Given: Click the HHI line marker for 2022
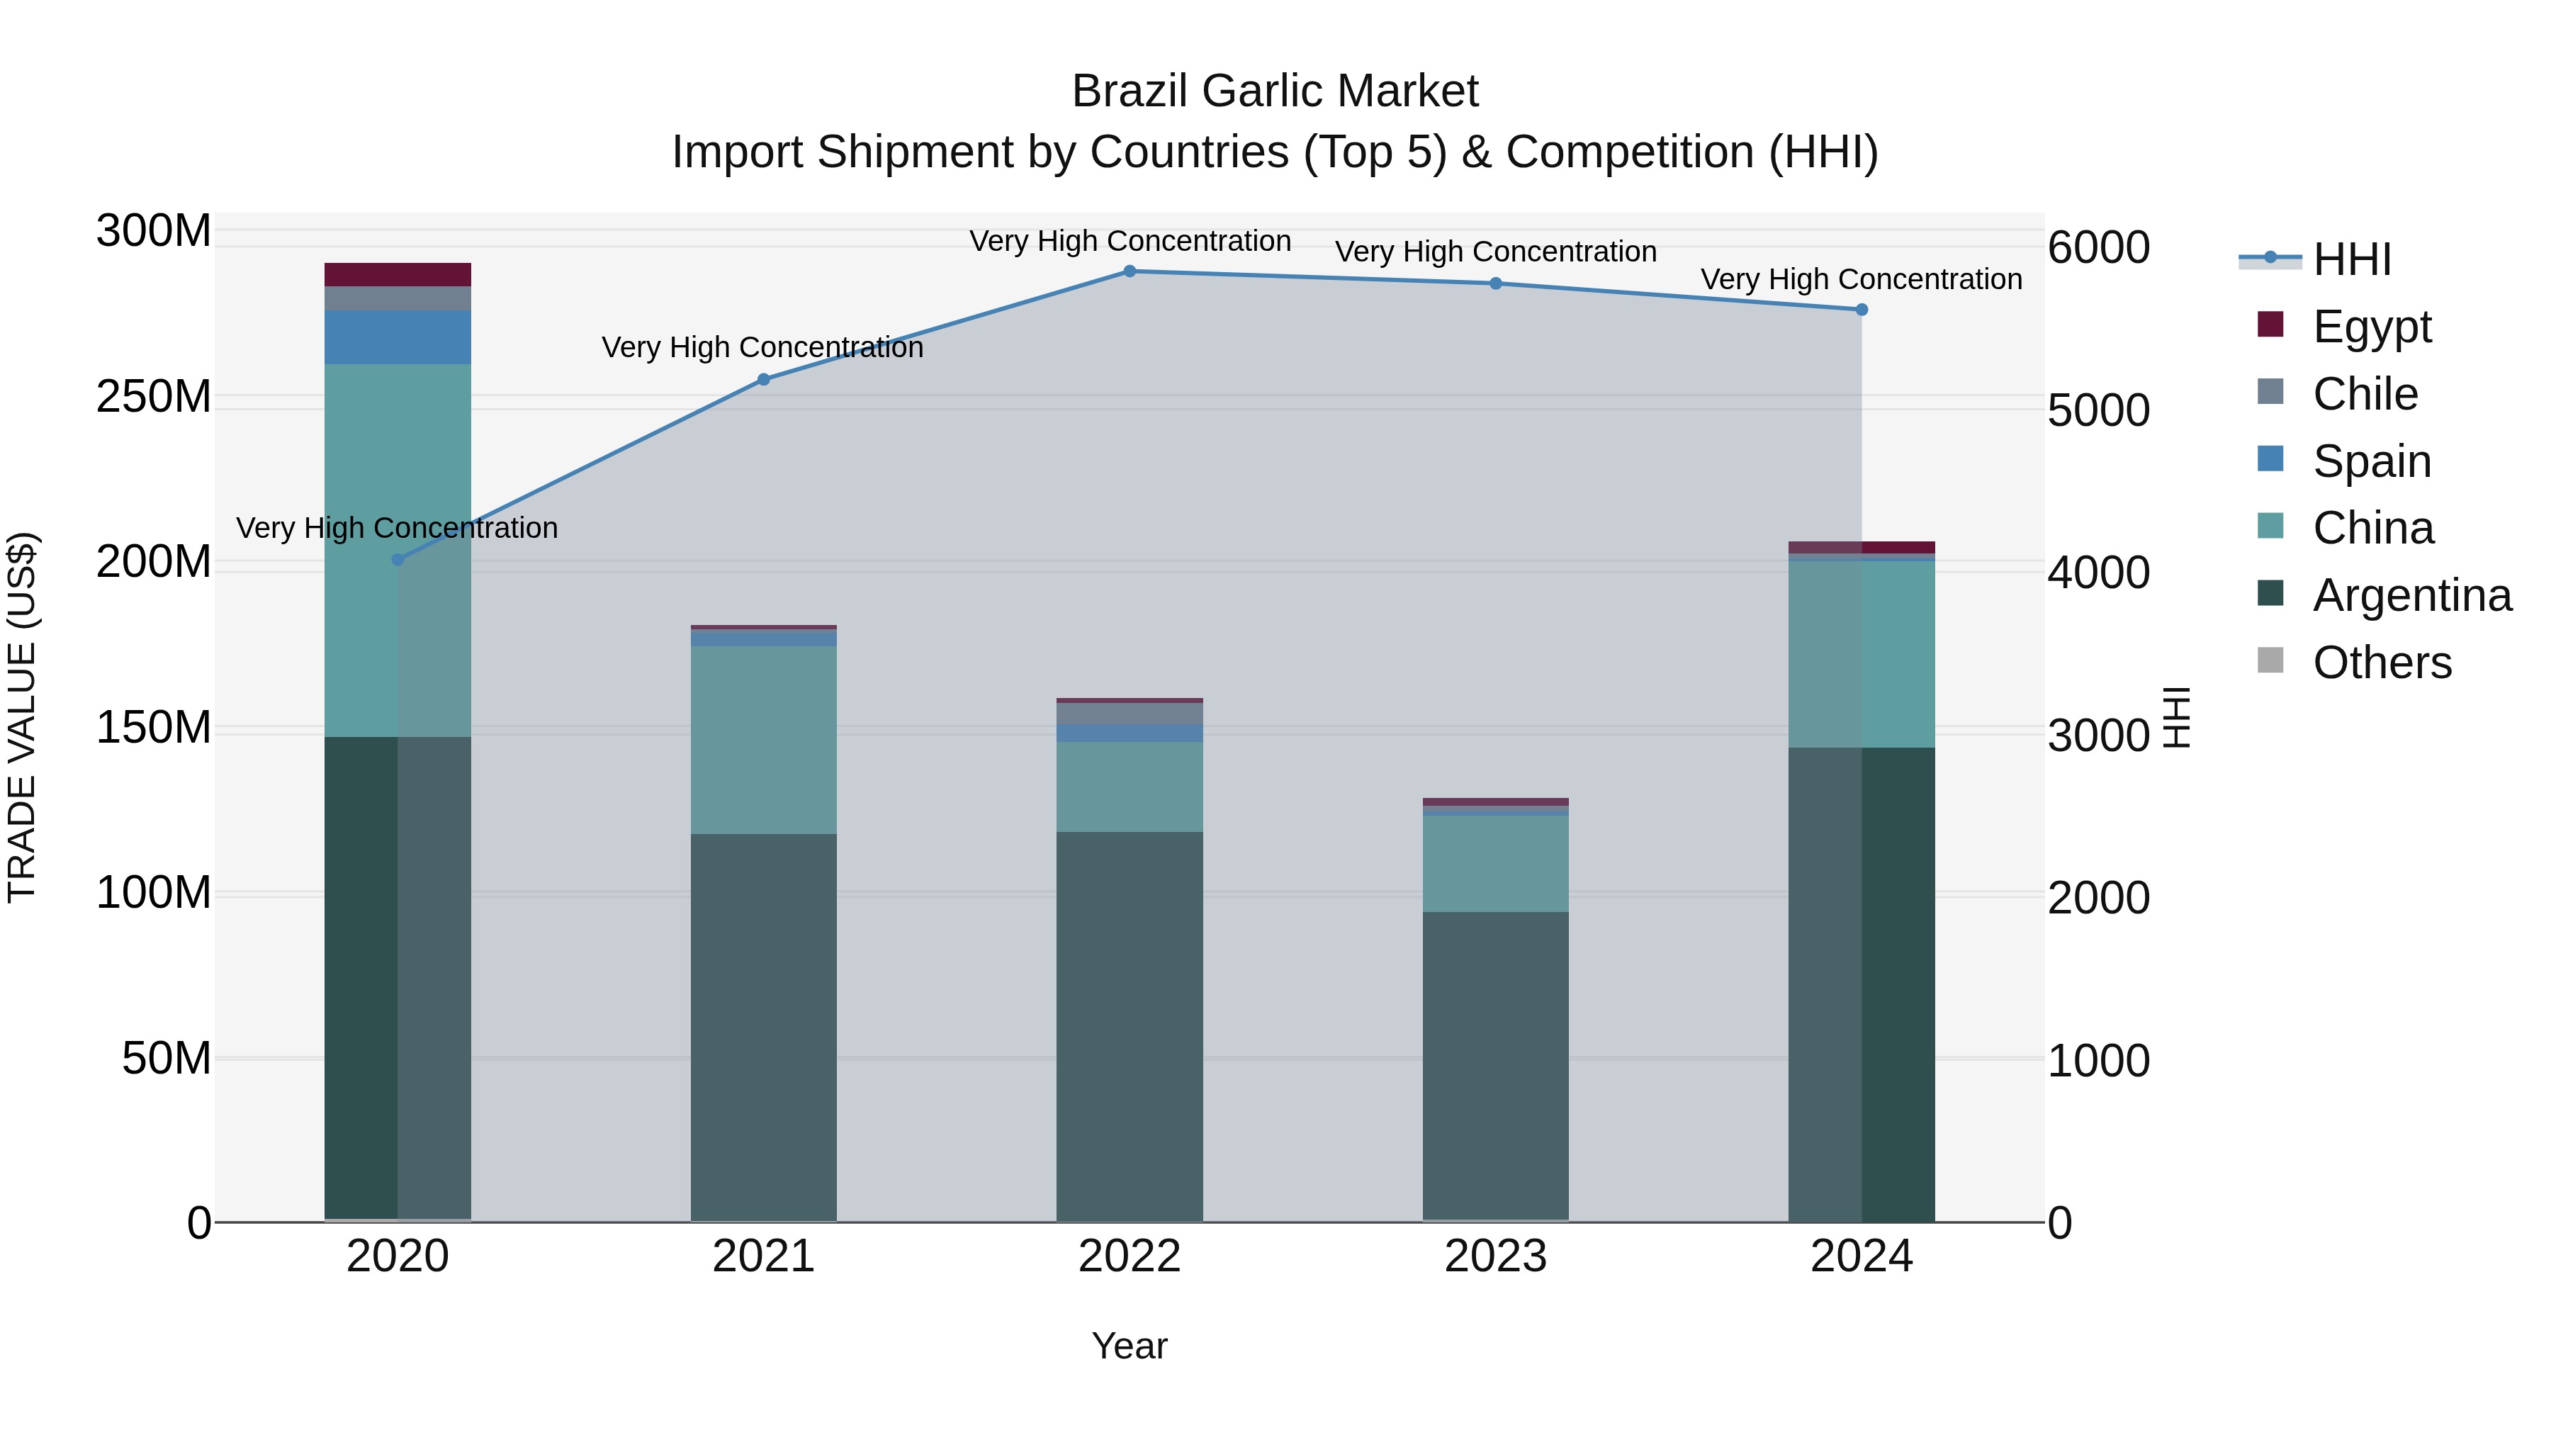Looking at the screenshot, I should (x=1129, y=271).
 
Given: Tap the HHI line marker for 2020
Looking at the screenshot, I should (x=397, y=560).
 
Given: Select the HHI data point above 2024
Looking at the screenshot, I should (x=1861, y=310).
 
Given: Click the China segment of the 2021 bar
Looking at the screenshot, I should (x=762, y=740).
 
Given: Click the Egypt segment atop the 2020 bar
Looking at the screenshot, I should (x=397, y=274).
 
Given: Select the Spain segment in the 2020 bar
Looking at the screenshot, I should (x=397, y=337).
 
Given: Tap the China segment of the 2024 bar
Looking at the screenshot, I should (x=1861, y=653).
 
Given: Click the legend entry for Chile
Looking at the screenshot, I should (x=2365, y=394).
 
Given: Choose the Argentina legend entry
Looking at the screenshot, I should (x=2411, y=595).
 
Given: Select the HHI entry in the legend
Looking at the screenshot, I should (x=2351, y=259).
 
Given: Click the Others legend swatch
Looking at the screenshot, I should (x=2270, y=660).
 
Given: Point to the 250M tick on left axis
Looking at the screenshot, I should (x=154, y=397).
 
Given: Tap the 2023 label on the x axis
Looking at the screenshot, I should (x=1495, y=1256).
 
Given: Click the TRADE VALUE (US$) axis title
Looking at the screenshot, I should (x=23, y=717).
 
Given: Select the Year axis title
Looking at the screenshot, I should (x=1129, y=1346).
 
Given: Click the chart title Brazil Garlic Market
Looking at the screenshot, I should (x=1275, y=91).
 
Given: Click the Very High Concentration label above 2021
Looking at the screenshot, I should (x=762, y=348).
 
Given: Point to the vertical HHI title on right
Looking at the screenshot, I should (x=2175, y=717).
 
